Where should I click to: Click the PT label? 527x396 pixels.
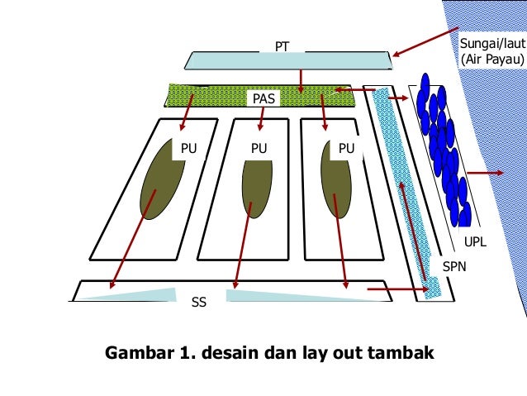(x=282, y=47)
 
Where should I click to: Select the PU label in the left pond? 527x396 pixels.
(x=188, y=149)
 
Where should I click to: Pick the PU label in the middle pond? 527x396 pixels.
(x=260, y=149)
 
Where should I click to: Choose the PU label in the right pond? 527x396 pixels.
(x=345, y=149)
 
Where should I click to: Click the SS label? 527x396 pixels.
(x=199, y=303)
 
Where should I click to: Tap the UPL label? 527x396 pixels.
(x=476, y=242)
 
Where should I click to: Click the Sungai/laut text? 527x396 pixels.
(x=492, y=42)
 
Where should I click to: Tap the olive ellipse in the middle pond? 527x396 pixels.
(x=257, y=187)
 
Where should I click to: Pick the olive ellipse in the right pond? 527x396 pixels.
(x=335, y=184)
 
